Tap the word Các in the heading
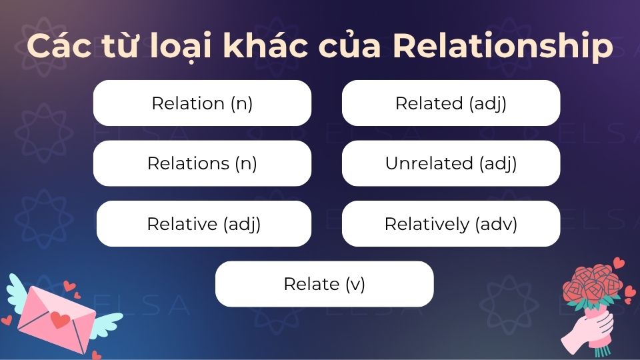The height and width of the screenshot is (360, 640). point(56,47)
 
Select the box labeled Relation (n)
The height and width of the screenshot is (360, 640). point(202,103)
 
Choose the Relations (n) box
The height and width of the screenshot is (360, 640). point(202,163)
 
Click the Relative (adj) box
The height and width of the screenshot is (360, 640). point(203,224)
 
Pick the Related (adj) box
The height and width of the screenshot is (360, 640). point(451,103)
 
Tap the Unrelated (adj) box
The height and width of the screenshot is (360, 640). point(451,163)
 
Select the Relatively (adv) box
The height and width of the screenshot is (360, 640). point(451,224)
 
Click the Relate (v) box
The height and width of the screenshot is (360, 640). point(324,284)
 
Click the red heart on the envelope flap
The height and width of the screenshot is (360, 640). point(60,320)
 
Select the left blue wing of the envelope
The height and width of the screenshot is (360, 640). point(17,290)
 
